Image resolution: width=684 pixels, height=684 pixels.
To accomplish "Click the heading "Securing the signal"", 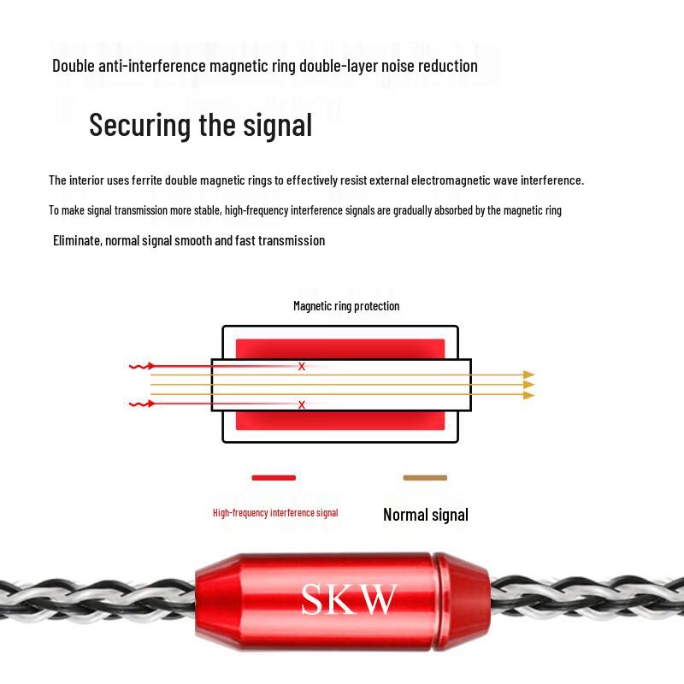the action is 201,126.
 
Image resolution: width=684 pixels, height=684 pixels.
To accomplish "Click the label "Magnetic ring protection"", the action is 346,306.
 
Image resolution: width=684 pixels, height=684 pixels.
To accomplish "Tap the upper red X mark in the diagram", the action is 302,367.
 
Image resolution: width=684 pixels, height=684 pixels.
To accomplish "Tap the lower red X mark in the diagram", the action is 302,404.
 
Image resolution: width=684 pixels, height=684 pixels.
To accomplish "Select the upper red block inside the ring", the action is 340,349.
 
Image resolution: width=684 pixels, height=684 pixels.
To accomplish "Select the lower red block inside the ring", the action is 340,421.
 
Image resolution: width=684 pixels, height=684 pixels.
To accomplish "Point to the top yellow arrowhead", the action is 528,374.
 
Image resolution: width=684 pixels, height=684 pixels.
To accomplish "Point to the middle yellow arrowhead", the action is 528,385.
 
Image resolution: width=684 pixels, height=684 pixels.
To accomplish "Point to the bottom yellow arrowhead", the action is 528,395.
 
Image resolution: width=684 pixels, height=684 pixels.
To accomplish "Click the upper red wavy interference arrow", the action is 142,366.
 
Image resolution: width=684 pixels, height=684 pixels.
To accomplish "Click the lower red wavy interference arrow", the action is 142,404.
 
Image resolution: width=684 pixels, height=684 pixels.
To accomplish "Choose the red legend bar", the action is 274,478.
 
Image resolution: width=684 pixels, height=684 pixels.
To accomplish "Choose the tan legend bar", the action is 425,478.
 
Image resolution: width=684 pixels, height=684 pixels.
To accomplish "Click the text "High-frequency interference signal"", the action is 275,513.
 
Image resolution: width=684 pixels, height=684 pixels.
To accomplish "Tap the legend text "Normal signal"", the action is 426,515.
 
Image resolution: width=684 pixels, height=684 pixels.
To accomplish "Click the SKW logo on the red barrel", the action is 349,599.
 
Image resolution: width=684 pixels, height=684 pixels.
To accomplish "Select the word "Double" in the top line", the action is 74,66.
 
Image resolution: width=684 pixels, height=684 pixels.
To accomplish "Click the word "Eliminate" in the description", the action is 77,241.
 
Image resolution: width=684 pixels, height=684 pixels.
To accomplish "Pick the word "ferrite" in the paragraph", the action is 147,180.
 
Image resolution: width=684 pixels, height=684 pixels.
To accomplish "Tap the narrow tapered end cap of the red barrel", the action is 462,601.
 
